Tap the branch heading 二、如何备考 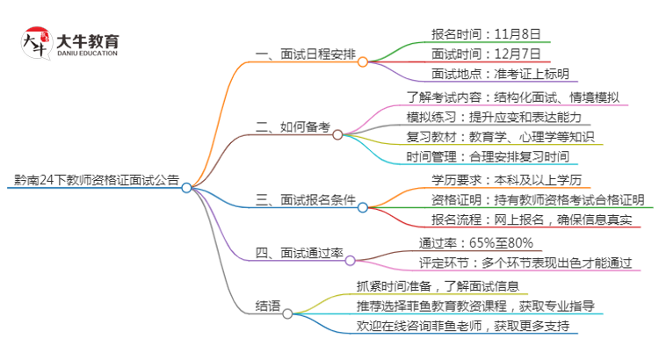click(x=293, y=128)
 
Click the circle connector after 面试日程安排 click(x=363, y=61)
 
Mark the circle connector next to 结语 click(x=287, y=312)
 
